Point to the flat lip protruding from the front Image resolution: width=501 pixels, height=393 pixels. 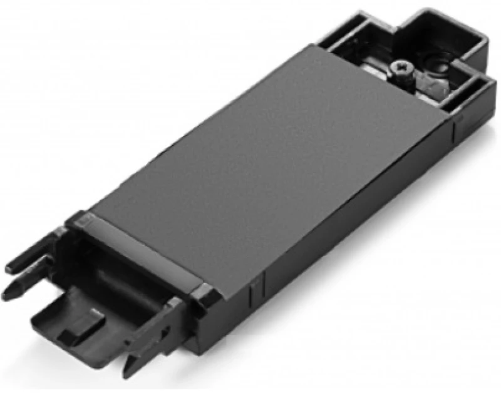click(81, 325)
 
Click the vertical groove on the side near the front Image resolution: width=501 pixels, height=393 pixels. click(253, 290)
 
